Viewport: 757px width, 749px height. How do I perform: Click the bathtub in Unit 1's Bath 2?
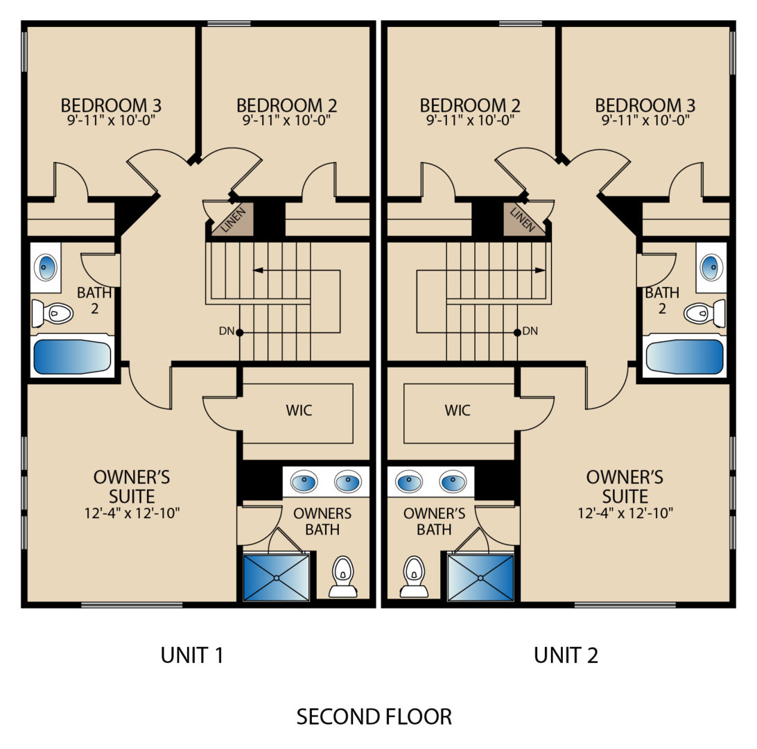pos(72,356)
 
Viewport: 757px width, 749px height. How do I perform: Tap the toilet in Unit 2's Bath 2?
pos(704,313)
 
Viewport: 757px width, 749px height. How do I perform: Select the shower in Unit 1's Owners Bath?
pos(276,578)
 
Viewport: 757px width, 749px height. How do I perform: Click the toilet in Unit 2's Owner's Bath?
pos(415,576)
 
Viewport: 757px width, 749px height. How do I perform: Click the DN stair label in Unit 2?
pos(530,331)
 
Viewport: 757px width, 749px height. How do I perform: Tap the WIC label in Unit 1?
pos(299,411)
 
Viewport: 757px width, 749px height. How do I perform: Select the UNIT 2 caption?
pos(566,655)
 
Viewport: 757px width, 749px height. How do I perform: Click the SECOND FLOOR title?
pos(374,716)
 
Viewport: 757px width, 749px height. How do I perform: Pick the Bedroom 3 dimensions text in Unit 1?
pos(112,120)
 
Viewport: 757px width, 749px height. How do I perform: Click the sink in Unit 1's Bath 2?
pos(46,267)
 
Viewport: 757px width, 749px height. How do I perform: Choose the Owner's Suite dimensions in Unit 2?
pos(625,513)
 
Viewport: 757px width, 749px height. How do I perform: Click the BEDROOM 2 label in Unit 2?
pos(470,105)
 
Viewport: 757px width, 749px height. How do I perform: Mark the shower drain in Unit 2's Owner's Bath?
pos(480,578)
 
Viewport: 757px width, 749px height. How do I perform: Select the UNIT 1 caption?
pos(192,655)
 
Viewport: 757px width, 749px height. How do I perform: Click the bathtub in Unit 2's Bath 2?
pos(685,356)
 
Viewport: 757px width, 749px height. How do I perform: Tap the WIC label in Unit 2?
pos(458,411)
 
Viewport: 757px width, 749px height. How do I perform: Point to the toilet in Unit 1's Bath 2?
pos(52,313)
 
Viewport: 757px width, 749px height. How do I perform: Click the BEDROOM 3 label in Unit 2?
pos(645,105)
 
